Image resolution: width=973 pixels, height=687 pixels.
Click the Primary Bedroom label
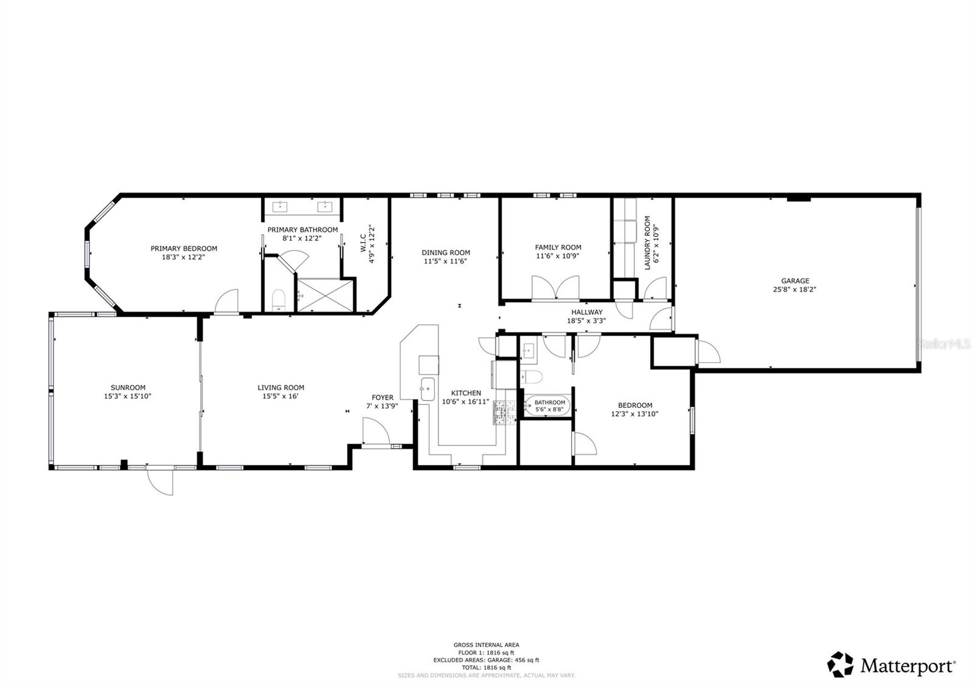184,248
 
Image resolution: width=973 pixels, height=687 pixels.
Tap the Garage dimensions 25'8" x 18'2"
795,290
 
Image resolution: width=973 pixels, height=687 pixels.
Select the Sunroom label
128,387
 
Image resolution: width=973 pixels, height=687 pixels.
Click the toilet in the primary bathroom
279,300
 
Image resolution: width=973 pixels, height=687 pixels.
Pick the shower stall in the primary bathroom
325,294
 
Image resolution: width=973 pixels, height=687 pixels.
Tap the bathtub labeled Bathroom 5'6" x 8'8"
548,406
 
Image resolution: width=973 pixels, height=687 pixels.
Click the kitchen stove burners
503,412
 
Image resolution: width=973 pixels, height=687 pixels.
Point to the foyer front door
376,432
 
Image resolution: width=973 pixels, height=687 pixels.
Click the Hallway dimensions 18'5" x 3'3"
586,320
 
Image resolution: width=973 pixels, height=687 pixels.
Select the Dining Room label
446,252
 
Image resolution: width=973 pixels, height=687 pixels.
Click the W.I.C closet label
363,243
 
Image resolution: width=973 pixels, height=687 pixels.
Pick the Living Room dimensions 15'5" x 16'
280,396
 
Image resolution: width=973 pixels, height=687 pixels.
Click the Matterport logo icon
840,665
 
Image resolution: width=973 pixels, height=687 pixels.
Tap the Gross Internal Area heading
486,645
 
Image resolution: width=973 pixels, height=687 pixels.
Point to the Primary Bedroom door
226,302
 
